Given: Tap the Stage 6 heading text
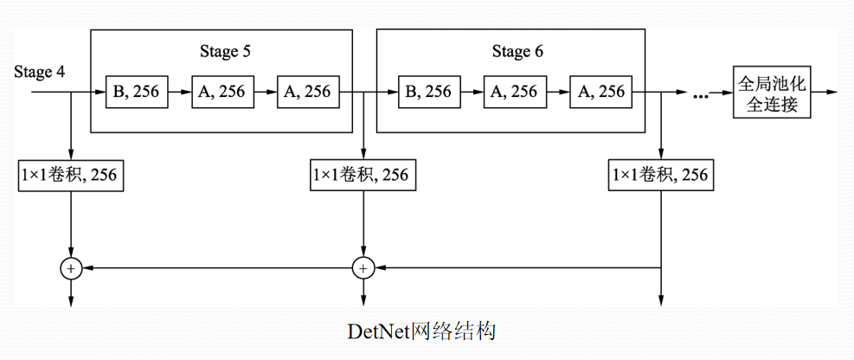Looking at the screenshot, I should [517, 51].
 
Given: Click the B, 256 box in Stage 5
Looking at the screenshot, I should [135, 91].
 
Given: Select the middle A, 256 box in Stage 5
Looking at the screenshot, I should [222, 91].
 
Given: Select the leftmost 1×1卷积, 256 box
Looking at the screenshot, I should [69, 176].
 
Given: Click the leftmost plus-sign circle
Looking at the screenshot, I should [70, 269].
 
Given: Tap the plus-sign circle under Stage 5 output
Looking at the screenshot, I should [363, 269].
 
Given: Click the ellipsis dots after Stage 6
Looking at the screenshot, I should [703, 94].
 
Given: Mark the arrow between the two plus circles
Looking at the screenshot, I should [216, 269].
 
